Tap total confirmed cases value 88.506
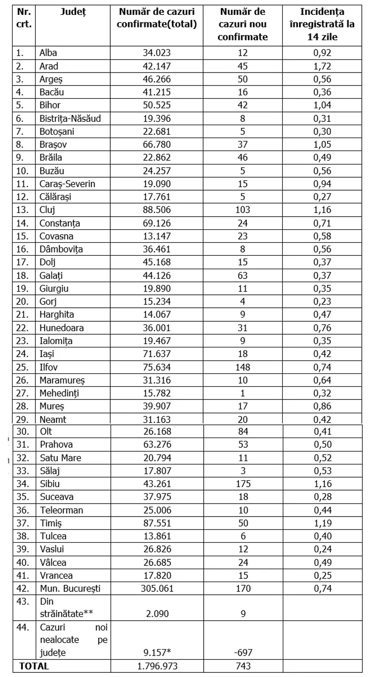point(157,210)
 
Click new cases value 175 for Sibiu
point(243,484)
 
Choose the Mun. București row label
point(70,588)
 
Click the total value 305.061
point(157,588)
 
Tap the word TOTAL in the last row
point(34,666)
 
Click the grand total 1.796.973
point(157,666)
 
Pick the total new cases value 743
point(243,666)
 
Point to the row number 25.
point(21,367)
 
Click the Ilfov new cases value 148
point(243,367)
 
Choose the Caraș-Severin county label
point(67,184)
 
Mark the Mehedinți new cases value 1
point(243,393)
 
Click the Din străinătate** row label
point(64,607)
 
